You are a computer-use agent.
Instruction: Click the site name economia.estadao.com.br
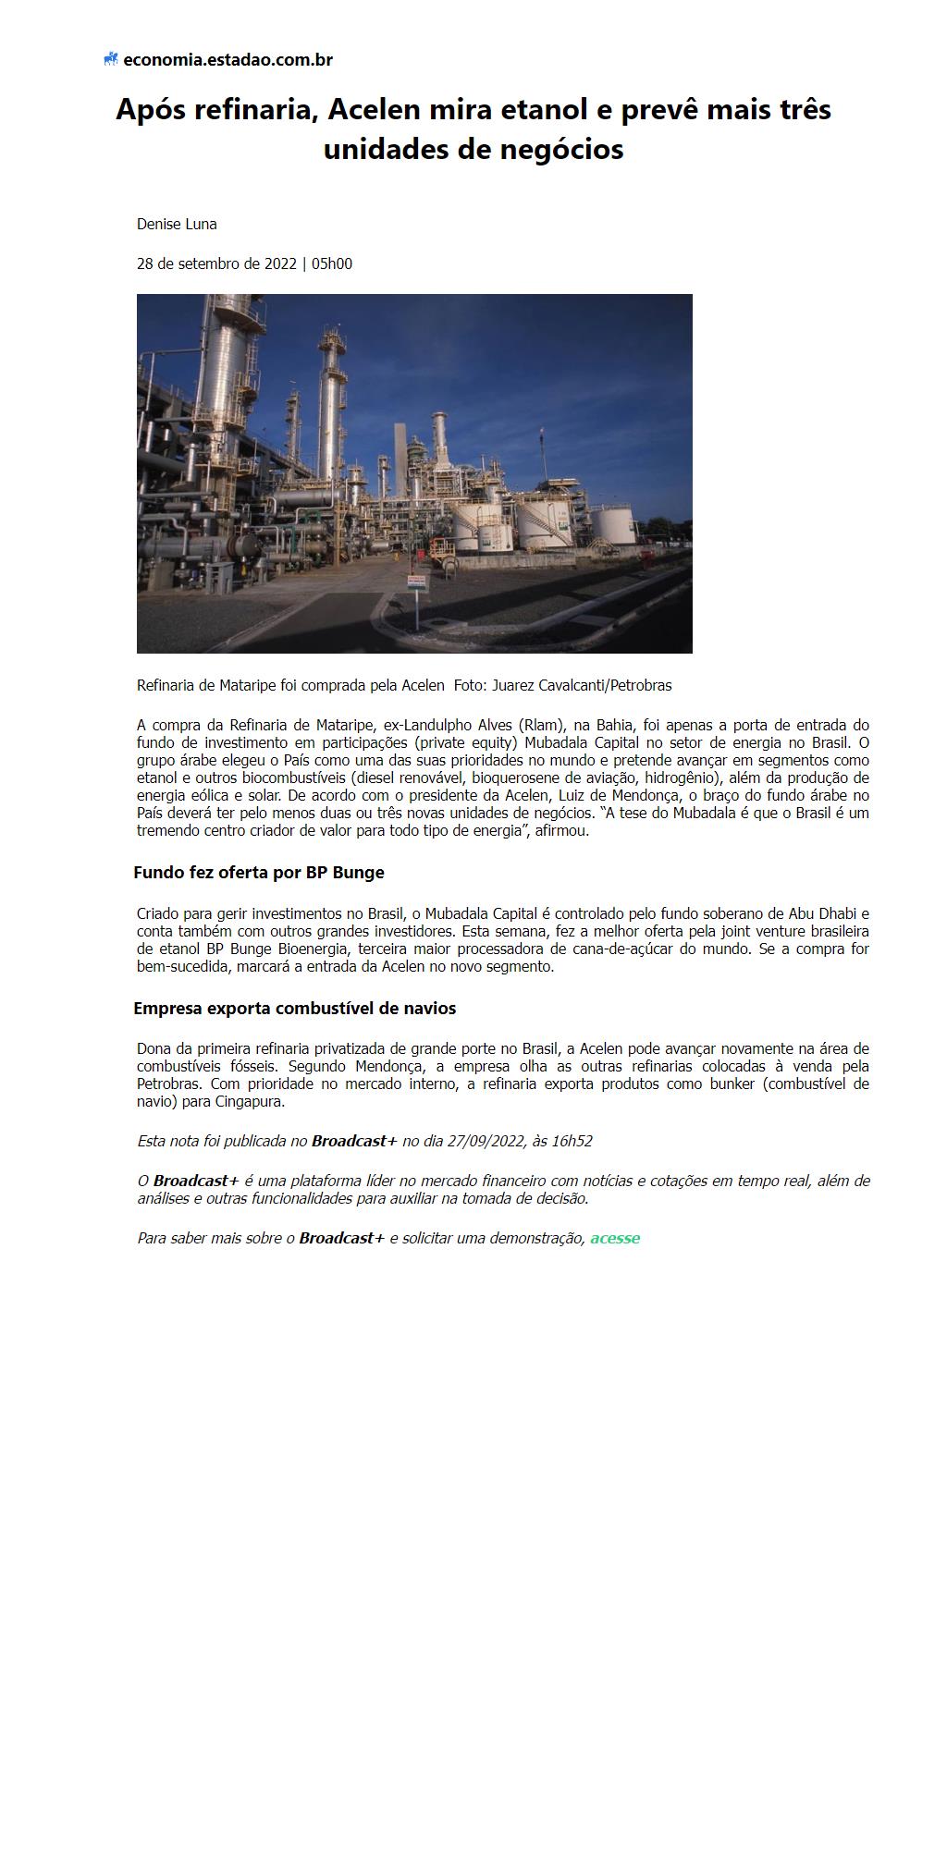point(228,60)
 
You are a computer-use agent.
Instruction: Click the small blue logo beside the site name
point(111,60)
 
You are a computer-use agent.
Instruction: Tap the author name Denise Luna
point(177,224)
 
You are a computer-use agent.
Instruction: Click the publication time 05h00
point(332,263)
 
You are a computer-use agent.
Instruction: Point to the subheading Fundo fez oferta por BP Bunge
point(259,872)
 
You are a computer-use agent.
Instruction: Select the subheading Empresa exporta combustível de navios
point(294,1008)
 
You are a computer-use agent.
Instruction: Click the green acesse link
point(615,1238)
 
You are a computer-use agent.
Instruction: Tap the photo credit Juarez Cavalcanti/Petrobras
point(582,685)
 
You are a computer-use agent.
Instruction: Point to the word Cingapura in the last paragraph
point(250,1101)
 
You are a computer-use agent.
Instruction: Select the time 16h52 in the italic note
point(572,1141)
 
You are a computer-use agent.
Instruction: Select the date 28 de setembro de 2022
point(216,263)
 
